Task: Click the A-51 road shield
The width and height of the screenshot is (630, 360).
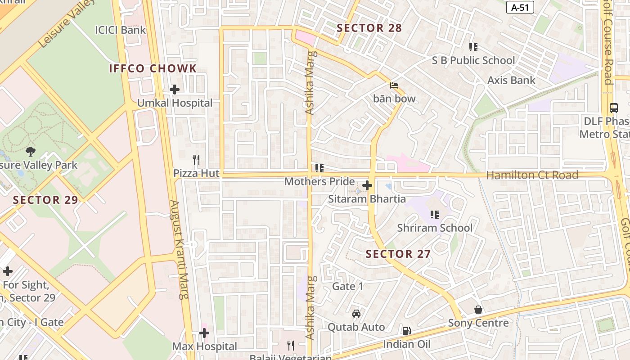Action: coord(520,7)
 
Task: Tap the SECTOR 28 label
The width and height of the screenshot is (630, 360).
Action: coord(369,28)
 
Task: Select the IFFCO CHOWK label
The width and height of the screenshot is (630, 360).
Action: coord(153,68)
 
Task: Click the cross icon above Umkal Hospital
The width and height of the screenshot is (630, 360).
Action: coord(175,90)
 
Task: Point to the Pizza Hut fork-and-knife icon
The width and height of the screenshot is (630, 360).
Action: coord(196,160)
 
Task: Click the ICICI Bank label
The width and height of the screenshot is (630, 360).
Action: coord(120,30)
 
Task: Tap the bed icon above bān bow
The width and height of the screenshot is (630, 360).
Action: coord(394,85)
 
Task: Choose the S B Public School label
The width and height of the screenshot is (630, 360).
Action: coord(473,60)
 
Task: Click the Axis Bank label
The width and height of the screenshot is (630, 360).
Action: coord(512,81)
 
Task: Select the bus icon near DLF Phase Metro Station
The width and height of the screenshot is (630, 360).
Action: coord(614,108)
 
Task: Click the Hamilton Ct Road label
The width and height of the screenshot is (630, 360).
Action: coord(532,175)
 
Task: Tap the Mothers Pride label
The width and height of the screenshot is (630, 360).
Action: coord(319,182)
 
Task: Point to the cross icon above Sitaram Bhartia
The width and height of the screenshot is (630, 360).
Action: coord(367,185)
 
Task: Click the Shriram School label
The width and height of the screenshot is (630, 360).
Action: coord(435,228)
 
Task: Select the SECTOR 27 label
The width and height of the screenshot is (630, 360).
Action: coord(398,254)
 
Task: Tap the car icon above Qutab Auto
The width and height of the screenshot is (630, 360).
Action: coord(356,314)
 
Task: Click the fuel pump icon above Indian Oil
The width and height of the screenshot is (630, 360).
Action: coord(406,331)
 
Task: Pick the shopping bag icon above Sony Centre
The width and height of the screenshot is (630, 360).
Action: coord(478,310)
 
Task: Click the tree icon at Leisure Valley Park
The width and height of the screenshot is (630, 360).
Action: coord(31,152)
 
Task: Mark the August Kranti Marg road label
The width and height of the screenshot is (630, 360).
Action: coord(179,250)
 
